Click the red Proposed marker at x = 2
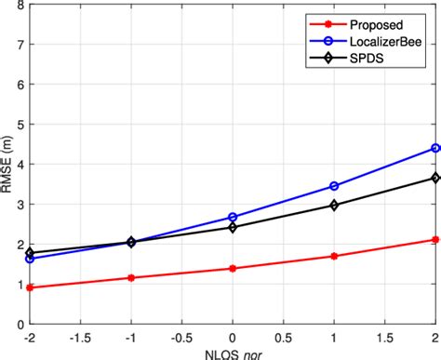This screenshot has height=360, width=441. pos(435,240)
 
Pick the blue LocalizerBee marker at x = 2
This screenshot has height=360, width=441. pos(435,148)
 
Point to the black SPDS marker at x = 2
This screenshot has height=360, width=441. pos(435,178)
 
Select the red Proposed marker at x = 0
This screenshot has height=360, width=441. pos(233,268)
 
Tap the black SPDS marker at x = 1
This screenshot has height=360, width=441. pos(334,205)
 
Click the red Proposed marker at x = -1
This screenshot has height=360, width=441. pos(131,277)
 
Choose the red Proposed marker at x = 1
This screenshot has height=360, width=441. pos(334,256)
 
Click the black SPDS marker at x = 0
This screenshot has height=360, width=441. pos(233,227)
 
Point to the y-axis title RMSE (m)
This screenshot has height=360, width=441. pos(8,164)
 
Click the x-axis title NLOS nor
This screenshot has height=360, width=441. pos(233,353)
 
